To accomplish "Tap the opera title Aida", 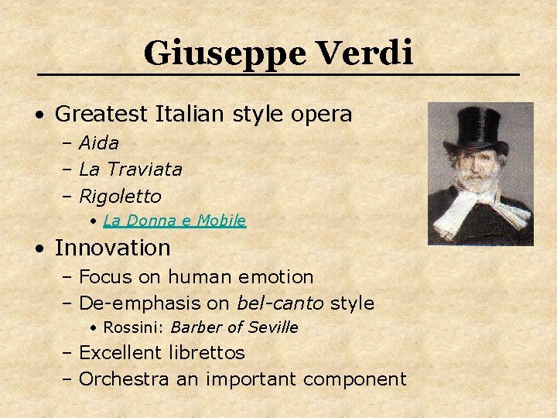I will [x=99, y=143].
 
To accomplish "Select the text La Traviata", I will [x=131, y=169].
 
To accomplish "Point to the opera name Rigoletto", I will [x=120, y=196].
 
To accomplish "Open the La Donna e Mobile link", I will [x=174, y=221].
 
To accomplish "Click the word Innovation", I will [x=112, y=248].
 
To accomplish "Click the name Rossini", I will [x=133, y=327].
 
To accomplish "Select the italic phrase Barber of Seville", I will [x=234, y=327].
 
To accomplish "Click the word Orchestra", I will [x=125, y=379].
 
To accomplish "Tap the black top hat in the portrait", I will [x=479, y=128].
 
